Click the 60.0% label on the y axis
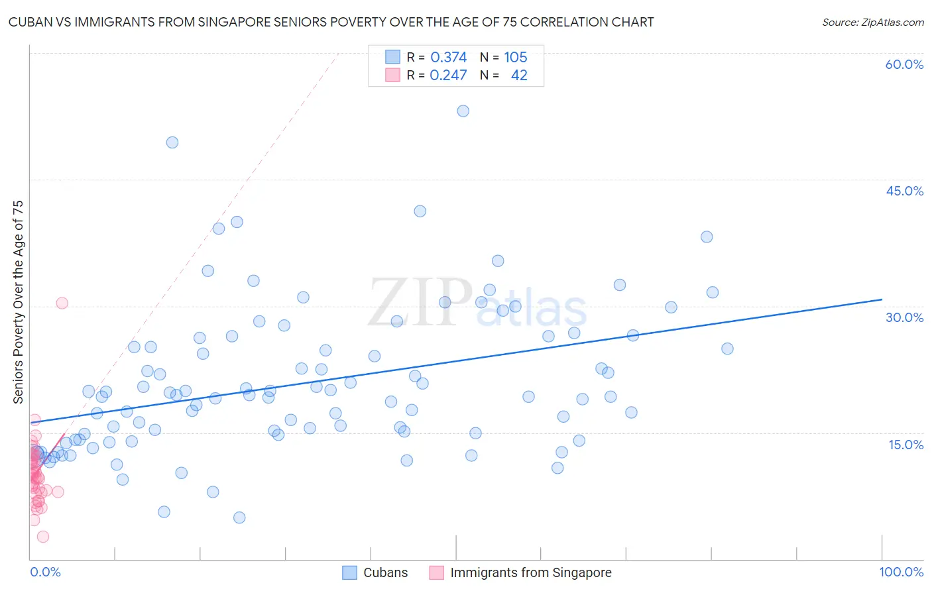tap(904, 64)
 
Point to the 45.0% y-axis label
tap(904, 191)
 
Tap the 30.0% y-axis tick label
tap(904, 317)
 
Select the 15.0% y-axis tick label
tap(905, 445)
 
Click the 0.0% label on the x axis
tap(45, 572)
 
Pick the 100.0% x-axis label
tap(901, 572)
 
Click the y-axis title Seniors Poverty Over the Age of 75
tap(18, 302)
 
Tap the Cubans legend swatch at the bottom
tap(349, 572)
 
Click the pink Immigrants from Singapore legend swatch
tap(436, 572)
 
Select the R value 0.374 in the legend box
tap(448, 58)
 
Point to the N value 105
tap(515, 58)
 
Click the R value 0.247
tap(448, 76)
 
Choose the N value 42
tap(519, 76)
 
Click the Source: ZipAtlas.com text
tap(872, 23)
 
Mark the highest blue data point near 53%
tap(463, 111)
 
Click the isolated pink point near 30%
tap(62, 303)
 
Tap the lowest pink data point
tap(43, 537)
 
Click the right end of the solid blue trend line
tap(882, 299)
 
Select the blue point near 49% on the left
tap(172, 142)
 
